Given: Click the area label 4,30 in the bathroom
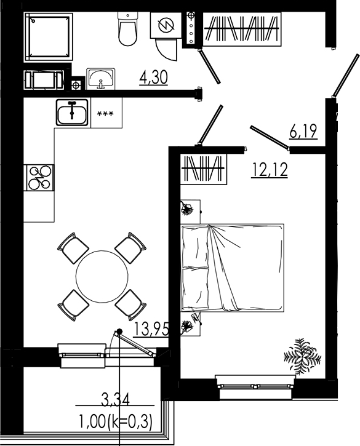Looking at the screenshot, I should pos(154,78).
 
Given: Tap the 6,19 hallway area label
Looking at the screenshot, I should pos(303,130).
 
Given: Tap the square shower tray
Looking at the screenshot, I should pos(48,36).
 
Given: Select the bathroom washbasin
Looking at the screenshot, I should pos(100,78).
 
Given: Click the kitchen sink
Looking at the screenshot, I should pos(72,113).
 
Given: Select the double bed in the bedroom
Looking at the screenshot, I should pos(232,268).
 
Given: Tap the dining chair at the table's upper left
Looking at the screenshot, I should pos(73,247).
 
